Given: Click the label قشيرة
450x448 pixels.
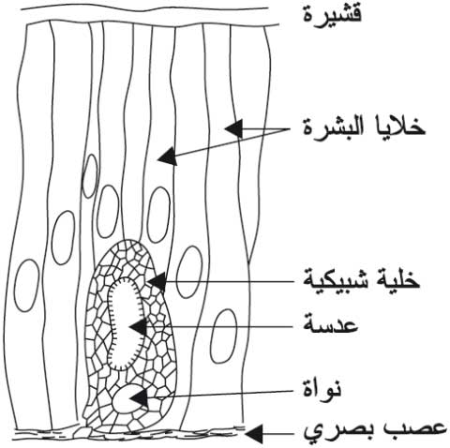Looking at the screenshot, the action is pyautogui.click(x=333, y=14).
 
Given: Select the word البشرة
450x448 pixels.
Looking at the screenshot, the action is pyautogui.click(x=330, y=127).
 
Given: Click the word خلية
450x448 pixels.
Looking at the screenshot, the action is pyautogui.click(x=397, y=278).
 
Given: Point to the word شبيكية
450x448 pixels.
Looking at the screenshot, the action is pyautogui.click(x=337, y=279).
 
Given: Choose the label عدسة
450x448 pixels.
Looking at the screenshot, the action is pyautogui.click(x=331, y=325).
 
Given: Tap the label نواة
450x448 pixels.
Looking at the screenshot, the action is pyautogui.click(x=322, y=388).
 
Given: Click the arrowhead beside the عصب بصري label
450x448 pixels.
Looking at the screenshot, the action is pyautogui.click(x=254, y=433).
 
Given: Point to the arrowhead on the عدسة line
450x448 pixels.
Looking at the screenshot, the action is pyautogui.click(x=138, y=327).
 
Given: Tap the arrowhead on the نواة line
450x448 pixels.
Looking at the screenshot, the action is pyautogui.click(x=140, y=397).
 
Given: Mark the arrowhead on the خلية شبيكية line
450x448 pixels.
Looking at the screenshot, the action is pyautogui.click(x=157, y=281).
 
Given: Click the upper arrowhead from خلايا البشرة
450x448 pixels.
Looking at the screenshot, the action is pyautogui.click(x=233, y=128).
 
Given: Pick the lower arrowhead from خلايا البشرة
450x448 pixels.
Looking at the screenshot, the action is pyautogui.click(x=168, y=156).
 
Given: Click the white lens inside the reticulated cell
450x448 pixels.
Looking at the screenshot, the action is pyautogui.click(x=124, y=323).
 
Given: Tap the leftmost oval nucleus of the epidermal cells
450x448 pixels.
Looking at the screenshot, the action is pyautogui.click(x=27, y=286).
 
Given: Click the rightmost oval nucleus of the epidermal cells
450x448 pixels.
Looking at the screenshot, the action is pyautogui.click(x=223, y=336).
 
